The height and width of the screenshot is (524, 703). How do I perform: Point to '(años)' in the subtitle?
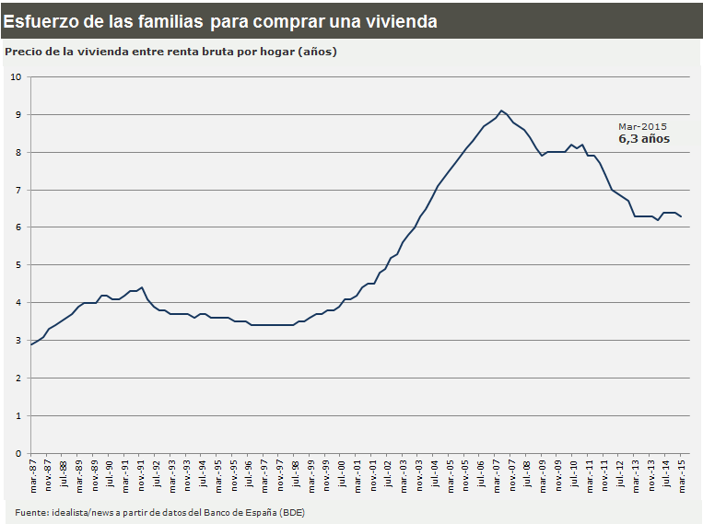[318, 52]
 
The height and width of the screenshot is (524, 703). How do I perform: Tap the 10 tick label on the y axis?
[15, 76]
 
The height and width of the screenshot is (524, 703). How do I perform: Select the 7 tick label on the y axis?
[18, 190]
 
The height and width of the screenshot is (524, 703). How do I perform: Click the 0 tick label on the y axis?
[18, 453]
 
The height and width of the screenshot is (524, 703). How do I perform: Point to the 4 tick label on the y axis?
[18, 303]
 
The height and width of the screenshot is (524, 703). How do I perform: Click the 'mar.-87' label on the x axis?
[32, 476]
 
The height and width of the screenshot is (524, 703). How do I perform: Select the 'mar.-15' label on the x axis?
[681, 476]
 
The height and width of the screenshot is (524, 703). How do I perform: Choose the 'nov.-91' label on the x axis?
[140, 476]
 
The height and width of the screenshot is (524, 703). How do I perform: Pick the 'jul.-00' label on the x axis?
[341, 476]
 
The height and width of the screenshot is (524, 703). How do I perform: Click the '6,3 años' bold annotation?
[643, 139]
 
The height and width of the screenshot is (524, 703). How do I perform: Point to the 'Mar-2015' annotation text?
[642, 126]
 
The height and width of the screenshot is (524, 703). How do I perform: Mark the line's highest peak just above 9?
[500, 111]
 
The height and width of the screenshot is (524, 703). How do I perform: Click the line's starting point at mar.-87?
[32, 344]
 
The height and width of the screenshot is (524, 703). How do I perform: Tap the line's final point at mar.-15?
[682, 216]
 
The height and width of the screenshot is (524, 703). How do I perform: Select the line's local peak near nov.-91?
[141, 287]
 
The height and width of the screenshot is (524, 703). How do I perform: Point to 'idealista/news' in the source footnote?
[80, 512]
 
